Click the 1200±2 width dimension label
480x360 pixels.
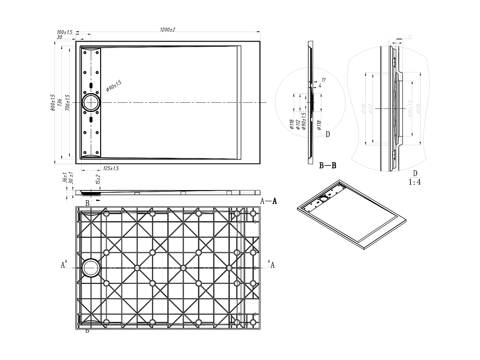pos(168,29)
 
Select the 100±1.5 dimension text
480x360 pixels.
pos(65,32)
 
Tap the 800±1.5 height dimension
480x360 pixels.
pos(53,102)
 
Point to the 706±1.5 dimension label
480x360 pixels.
pos(67,102)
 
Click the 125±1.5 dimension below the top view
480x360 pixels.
pos(111,168)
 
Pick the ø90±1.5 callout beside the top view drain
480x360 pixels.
pos(114,86)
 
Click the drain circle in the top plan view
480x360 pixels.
pos(91,102)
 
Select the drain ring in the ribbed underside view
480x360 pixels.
pos(91,268)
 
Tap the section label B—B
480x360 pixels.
pos(328,165)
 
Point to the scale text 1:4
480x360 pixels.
pos(415,182)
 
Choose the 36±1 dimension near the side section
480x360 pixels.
pos(65,178)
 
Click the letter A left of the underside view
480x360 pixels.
pos(63,265)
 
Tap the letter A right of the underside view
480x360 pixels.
pos(272,265)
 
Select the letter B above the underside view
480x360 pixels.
pos(87,203)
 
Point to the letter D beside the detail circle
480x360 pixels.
pos(327,134)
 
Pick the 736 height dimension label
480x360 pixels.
pos(60,102)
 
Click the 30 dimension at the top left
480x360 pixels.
pos(59,37)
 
